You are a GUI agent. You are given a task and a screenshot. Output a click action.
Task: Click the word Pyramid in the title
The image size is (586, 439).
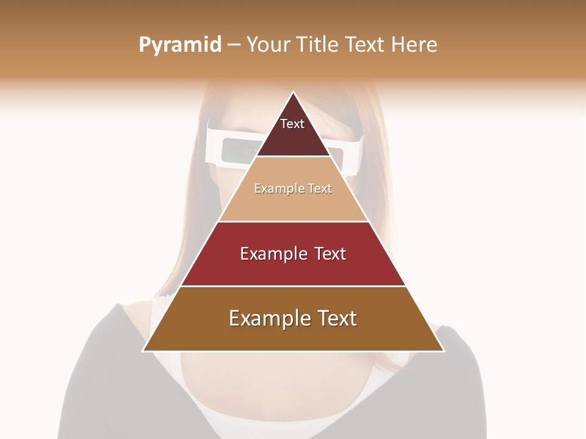coord(180,45)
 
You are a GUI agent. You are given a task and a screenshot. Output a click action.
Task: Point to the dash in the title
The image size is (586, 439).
coord(234,45)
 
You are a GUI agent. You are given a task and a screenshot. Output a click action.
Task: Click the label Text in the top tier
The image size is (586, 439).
coord(292,124)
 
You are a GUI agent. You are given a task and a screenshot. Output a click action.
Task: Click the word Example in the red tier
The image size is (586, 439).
coord(273,254)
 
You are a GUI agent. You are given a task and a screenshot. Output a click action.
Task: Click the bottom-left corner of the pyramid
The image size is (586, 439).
coord(143,351)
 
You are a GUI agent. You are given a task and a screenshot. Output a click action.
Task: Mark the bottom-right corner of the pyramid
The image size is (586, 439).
coord(444,351)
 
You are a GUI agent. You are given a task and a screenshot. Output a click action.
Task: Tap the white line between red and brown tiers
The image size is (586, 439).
coord(293,286)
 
